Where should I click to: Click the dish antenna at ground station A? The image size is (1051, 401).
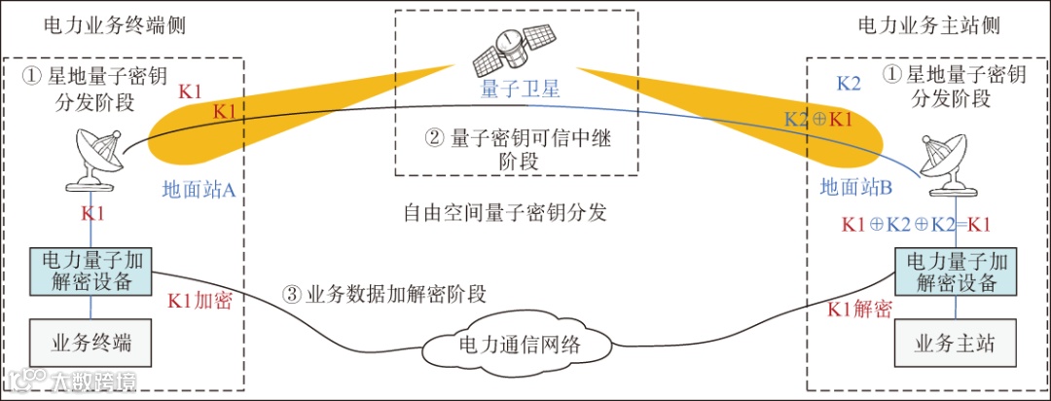tap(94, 162)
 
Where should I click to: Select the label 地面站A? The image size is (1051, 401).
tap(199, 190)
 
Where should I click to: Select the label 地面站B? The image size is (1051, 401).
tap(855, 185)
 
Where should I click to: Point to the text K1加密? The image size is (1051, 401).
tap(199, 301)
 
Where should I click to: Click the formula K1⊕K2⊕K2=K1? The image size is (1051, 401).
tap(916, 224)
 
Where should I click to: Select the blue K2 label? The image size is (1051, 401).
tap(849, 83)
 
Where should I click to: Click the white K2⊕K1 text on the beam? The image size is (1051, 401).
tap(818, 120)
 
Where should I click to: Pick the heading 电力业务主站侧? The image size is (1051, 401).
tap(928, 24)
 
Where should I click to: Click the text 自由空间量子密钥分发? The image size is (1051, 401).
tap(505, 212)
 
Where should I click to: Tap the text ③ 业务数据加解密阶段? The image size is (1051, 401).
tap(383, 293)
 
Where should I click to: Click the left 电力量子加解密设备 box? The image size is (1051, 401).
tap(91, 272)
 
